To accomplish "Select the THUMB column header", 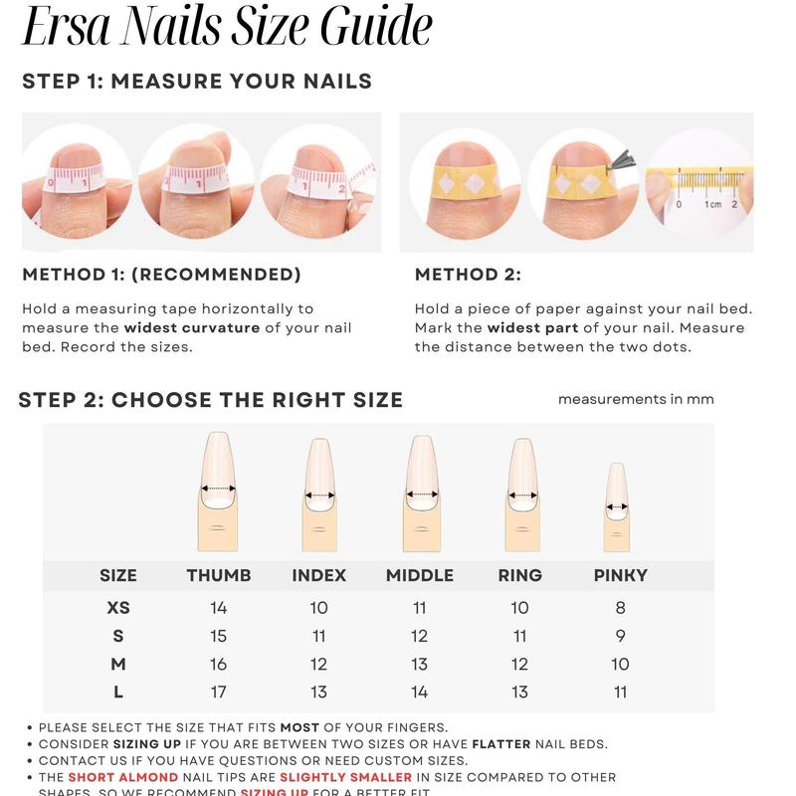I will pos(219,575).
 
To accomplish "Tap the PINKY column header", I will pos(620,575).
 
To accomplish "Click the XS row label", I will pos(118,608).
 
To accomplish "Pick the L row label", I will pos(118,692).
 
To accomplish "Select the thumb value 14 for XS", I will pos(219,608).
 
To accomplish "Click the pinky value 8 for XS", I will pos(620,608).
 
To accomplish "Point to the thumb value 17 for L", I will pos(219,692).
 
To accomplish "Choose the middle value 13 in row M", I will pos(419,664).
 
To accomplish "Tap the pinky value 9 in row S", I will pos(620,636).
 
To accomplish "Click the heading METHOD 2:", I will pos(468,275).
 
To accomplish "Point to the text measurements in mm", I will pos(636,399).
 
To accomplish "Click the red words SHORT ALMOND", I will pos(123,777).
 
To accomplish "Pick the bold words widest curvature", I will pos(191,328).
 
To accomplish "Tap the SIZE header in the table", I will pos(118,575).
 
